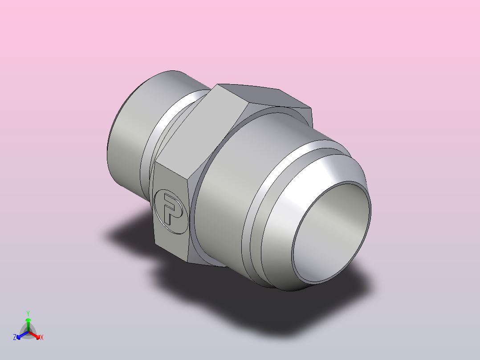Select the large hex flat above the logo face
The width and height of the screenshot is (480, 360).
point(200,129)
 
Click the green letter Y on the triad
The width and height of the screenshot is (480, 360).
point(28,313)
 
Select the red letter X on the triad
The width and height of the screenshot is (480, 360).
point(42,338)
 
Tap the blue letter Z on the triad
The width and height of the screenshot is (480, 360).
point(15,338)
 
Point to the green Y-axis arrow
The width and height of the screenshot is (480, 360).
point(28,323)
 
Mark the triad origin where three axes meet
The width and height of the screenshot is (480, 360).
point(28,331)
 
